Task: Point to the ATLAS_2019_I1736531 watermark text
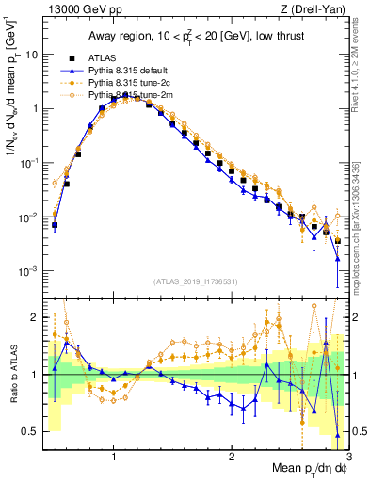195,281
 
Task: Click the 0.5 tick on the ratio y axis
30,431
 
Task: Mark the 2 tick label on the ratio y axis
35,317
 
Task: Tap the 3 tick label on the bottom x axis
347,455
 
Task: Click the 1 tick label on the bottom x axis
113,455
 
